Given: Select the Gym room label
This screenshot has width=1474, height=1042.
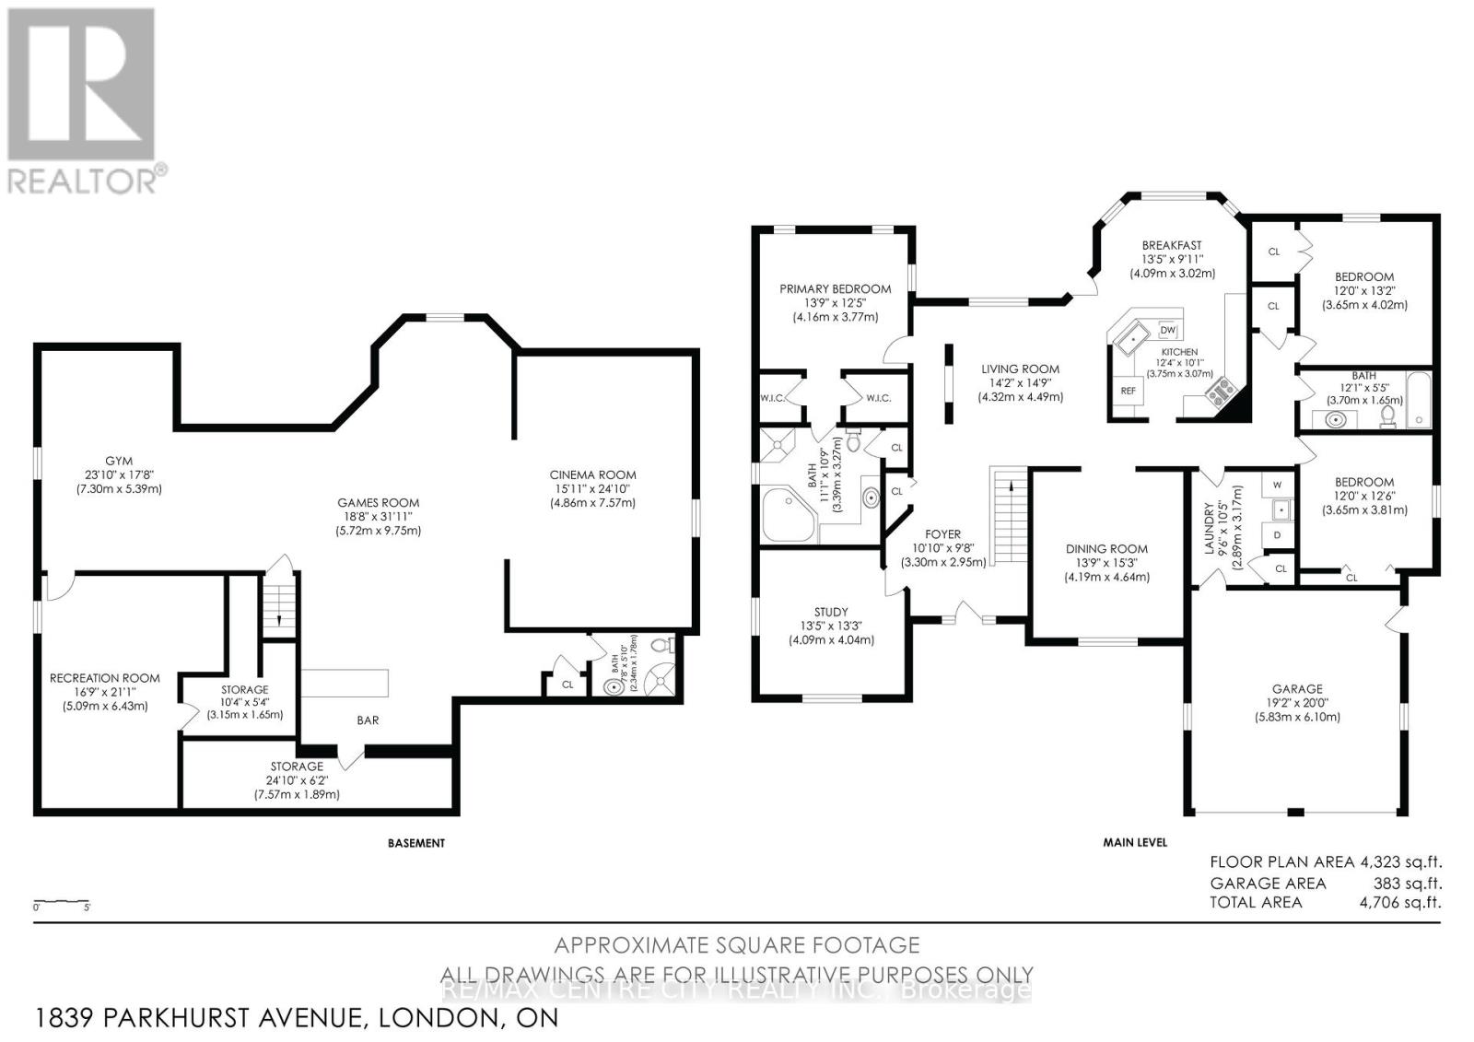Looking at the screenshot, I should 118,462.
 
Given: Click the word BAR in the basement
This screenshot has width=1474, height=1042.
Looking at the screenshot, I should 368,720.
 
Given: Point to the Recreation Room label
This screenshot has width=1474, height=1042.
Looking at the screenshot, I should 104,678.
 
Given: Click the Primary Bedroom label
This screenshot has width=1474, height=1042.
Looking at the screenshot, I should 835,289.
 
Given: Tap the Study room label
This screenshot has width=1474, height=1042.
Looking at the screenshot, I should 830,613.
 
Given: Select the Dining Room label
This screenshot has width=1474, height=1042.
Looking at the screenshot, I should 1105,549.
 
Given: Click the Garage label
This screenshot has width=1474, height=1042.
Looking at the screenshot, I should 1297,689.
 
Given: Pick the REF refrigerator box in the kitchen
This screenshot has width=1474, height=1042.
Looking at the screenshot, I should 1128,391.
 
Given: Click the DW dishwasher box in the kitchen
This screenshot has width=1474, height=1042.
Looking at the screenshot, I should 1168,330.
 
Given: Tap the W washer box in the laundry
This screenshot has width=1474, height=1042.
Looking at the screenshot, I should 1277,485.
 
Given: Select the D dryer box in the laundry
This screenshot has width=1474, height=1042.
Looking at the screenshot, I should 1277,535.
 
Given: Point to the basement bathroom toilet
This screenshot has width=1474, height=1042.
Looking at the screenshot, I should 666,646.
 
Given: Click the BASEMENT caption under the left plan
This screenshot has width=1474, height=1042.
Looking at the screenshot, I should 415,843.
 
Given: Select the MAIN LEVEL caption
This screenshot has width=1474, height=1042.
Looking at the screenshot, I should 1135,842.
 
